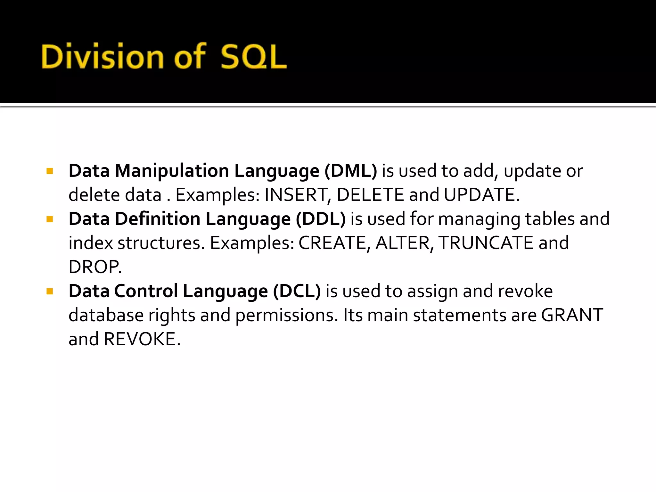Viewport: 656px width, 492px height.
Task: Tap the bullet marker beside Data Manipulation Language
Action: click(x=50, y=171)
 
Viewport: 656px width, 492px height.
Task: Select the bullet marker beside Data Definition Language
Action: click(x=50, y=219)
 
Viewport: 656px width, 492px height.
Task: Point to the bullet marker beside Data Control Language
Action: click(x=50, y=291)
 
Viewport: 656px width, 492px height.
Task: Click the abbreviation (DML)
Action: click(x=351, y=171)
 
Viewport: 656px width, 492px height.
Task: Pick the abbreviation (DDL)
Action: click(x=321, y=219)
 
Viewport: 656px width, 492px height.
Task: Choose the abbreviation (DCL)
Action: click(x=297, y=291)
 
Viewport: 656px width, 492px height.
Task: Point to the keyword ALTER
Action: click(x=402, y=243)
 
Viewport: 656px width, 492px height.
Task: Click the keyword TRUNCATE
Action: click(x=486, y=243)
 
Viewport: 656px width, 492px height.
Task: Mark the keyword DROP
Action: click(x=94, y=267)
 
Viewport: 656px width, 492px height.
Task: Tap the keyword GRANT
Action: click(x=572, y=315)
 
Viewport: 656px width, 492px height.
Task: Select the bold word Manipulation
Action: click(x=172, y=171)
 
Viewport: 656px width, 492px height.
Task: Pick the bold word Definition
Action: click(x=158, y=219)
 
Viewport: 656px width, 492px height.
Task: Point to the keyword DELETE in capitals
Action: click(x=370, y=195)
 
